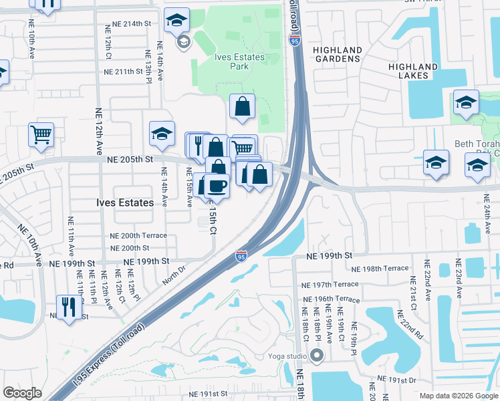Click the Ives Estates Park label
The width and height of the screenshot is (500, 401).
pos(239,61)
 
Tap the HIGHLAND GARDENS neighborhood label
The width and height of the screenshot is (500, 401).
pos(338,55)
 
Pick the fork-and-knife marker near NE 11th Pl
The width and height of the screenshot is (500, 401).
pos(69,307)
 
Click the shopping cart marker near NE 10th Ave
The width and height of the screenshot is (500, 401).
pos(41,134)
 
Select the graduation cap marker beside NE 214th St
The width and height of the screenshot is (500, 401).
pos(176,20)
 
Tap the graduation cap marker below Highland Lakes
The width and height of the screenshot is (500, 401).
pos(466,102)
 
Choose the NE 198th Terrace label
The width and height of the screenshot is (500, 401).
pos(380,268)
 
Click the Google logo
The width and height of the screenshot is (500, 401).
pos(22,393)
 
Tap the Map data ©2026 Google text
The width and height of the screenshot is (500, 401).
pos(458,396)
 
